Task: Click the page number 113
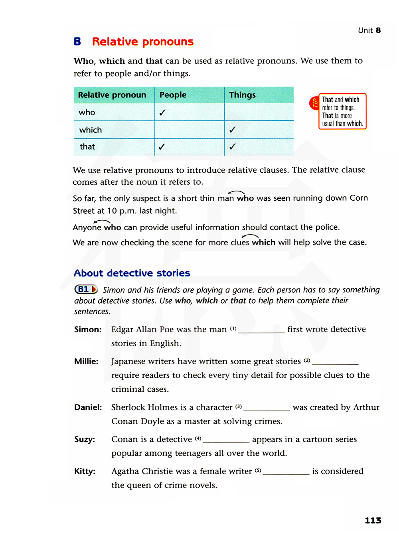tap(373, 520)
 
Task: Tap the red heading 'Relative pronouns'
tap(142, 41)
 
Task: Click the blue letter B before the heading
tap(77, 41)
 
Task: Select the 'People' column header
tap(173, 95)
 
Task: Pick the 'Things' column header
tap(242, 95)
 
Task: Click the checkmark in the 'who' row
tap(162, 113)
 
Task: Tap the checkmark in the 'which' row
tap(232, 130)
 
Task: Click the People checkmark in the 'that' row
tap(162, 147)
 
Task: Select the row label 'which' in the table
tap(91, 130)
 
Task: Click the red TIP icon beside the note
tap(314, 103)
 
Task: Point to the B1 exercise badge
tap(86, 289)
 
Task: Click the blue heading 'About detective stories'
tap(132, 273)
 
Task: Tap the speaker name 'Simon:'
tap(88, 330)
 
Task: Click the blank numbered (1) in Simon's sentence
tap(261, 330)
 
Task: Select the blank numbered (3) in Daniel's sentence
tap(267, 408)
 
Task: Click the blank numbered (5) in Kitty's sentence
tap(286, 472)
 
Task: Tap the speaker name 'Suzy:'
tap(85, 440)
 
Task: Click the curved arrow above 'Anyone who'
tap(102, 221)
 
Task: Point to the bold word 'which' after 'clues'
tap(263, 243)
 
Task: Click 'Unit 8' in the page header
tap(369, 30)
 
